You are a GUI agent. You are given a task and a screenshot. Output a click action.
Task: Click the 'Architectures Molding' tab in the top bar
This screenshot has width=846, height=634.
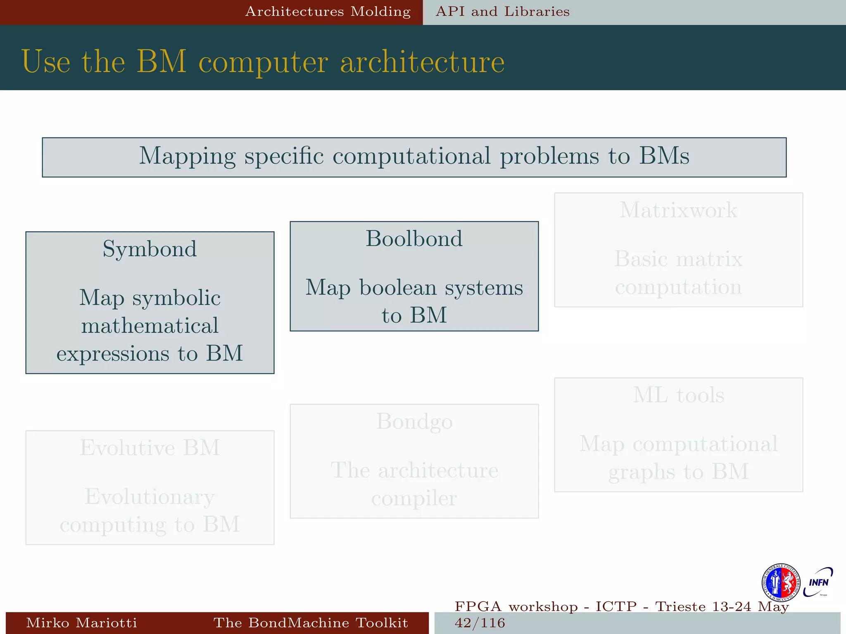[x=328, y=12]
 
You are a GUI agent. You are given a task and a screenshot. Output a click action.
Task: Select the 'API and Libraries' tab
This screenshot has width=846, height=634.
[x=503, y=12]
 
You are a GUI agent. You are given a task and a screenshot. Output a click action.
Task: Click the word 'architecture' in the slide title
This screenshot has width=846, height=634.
[x=422, y=62]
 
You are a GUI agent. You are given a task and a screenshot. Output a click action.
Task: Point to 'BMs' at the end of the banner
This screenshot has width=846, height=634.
[x=664, y=156]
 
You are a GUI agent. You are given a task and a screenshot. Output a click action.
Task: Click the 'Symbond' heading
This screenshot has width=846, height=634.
[x=150, y=249]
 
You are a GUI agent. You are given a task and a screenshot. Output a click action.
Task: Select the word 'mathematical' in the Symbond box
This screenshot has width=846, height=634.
[x=150, y=325]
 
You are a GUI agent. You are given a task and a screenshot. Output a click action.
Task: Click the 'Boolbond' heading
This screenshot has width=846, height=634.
[x=414, y=239]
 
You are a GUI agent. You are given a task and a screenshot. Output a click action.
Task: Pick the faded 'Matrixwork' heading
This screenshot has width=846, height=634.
[x=678, y=210]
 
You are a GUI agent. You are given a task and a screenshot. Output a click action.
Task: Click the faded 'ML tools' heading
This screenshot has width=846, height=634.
[x=678, y=395]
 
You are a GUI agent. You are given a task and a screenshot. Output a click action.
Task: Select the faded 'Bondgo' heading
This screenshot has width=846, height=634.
[x=414, y=421]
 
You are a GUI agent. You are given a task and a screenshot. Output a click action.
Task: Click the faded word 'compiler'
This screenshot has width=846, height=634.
[x=414, y=498]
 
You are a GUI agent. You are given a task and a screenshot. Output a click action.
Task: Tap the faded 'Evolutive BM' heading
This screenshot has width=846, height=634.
[x=150, y=448]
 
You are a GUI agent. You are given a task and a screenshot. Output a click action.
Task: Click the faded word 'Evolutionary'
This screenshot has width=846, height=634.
[x=150, y=497]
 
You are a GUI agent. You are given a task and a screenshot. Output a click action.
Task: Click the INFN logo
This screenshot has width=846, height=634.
[x=818, y=582]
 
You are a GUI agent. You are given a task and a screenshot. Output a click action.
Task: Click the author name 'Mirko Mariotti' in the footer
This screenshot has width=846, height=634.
[x=81, y=622]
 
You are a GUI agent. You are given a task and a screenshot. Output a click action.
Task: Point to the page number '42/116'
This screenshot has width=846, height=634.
[x=480, y=623]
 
